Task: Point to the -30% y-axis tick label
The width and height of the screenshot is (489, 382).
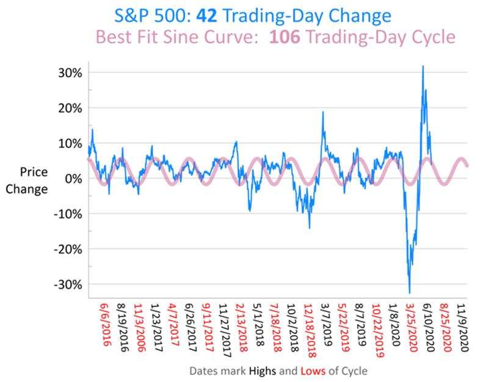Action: click(68, 285)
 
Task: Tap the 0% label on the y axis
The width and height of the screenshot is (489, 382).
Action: click(73, 179)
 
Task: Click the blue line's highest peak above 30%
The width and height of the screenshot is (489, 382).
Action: click(422, 66)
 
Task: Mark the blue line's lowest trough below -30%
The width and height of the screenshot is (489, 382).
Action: click(409, 293)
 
